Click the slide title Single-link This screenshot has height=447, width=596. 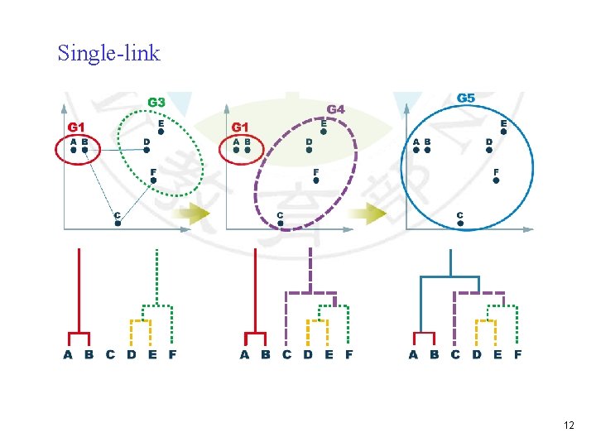[108, 54]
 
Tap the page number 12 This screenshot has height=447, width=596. [568, 425]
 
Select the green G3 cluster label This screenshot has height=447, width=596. [156, 103]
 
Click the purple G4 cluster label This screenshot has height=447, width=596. [335, 108]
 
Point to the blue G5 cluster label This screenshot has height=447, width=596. [466, 98]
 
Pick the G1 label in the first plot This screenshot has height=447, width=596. [76, 127]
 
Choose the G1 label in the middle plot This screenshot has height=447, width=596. [240, 127]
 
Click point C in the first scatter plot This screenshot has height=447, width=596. [118, 223]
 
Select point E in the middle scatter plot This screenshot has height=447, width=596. [323, 131]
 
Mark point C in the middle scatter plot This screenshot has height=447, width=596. [280, 223]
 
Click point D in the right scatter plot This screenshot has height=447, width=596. [489, 151]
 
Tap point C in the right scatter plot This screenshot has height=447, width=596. [459, 223]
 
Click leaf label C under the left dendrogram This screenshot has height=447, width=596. [110, 355]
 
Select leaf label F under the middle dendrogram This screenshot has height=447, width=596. [348, 355]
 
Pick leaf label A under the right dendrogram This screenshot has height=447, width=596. [413, 355]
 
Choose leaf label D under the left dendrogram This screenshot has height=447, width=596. [131, 355]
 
